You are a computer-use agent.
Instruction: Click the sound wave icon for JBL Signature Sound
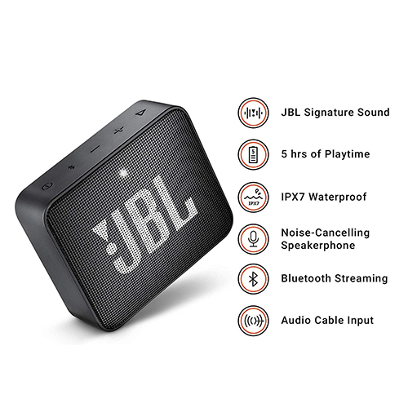(x=253, y=113)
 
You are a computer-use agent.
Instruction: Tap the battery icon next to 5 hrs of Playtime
(x=253, y=154)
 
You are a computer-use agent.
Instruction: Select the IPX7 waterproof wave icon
(x=253, y=197)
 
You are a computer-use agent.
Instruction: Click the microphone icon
(x=253, y=239)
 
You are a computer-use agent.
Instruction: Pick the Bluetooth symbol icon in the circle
(x=253, y=278)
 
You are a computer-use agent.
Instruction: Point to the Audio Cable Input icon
(x=253, y=321)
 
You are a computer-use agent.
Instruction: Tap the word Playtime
(x=348, y=154)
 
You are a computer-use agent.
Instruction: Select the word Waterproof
(x=338, y=197)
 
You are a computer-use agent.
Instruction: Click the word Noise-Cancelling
(x=326, y=233)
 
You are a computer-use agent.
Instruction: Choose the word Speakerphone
(x=318, y=246)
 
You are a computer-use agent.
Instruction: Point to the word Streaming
(x=361, y=279)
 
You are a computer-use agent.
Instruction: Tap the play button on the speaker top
(x=140, y=112)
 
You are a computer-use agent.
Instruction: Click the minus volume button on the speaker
(x=95, y=149)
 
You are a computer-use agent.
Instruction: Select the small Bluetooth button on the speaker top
(x=72, y=166)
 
